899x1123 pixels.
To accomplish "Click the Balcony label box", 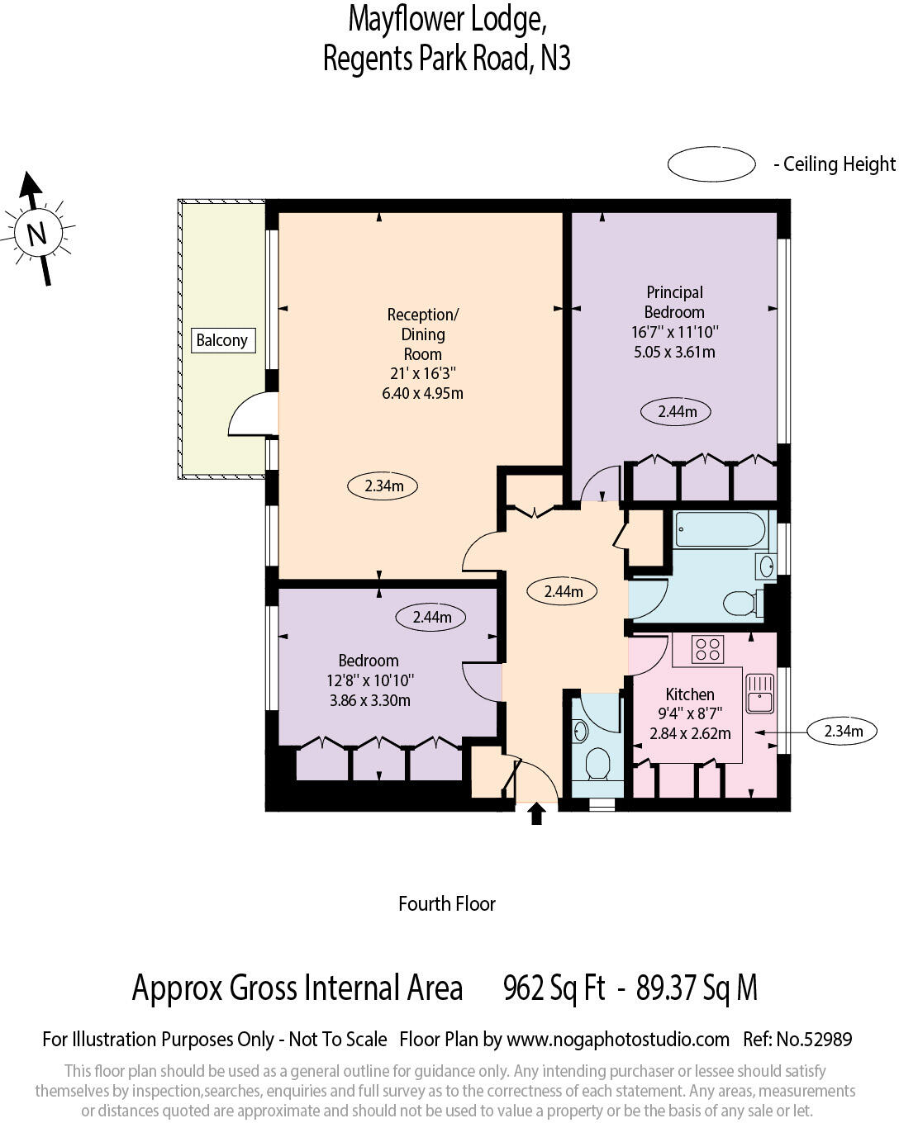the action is (223, 340).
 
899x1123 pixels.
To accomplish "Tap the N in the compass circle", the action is (36, 233).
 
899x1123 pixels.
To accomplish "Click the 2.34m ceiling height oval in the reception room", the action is (383, 486).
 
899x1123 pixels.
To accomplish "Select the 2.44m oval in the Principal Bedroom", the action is (675, 412).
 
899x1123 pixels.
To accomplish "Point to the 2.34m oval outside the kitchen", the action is (842, 731).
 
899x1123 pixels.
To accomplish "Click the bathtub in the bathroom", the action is (720, 529).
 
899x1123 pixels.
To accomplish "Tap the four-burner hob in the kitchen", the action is (707, 650).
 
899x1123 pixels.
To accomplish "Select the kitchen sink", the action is (759, 694).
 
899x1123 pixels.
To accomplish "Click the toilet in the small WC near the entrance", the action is (597, 765).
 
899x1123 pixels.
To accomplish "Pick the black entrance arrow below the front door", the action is (536, 813).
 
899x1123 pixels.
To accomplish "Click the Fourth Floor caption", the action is (447, 904).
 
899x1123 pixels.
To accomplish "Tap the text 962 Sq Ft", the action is (554, 988).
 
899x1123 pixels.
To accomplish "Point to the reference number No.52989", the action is (814, 1040).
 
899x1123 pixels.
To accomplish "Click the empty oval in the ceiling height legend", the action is (711, 163).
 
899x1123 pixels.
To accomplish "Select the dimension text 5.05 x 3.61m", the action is (674, 353).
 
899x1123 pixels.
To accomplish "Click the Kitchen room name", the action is (689, 694).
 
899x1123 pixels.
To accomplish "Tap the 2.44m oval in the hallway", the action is (563, 592).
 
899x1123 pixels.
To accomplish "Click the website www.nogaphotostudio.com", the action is (618, 1040).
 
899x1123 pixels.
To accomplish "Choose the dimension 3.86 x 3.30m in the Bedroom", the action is (369, 700).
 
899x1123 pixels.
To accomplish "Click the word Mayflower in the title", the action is (406, 20).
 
